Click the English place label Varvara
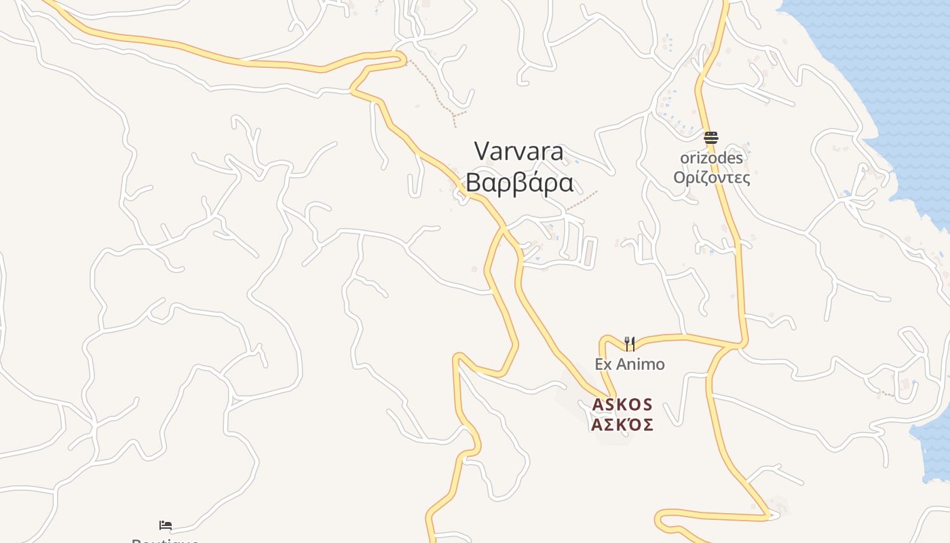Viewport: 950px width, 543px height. pos(519,151)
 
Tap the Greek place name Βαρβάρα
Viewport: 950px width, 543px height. pos(519,183)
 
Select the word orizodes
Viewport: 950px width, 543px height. pos(711,157)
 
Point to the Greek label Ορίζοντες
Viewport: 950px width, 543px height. pos(711,178)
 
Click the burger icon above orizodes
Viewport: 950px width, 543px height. pos(711,138)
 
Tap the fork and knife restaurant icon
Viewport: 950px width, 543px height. pos(630,344)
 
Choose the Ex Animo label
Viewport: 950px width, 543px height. pos(630,364)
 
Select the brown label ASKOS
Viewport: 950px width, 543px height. pos(622,405)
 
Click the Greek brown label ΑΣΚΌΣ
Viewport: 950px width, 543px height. pos(622,425)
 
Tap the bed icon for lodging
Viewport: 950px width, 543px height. pos(166,525)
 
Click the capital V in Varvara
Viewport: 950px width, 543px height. pos(482,151)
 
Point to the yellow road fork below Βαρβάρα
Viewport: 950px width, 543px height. pos(503,229)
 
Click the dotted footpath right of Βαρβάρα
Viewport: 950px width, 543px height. pos(582,200)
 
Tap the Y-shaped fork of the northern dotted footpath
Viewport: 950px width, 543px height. pos(453,115)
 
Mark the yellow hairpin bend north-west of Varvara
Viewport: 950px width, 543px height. pos(403,60)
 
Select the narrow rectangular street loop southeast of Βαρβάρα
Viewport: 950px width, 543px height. pos(590,251)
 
